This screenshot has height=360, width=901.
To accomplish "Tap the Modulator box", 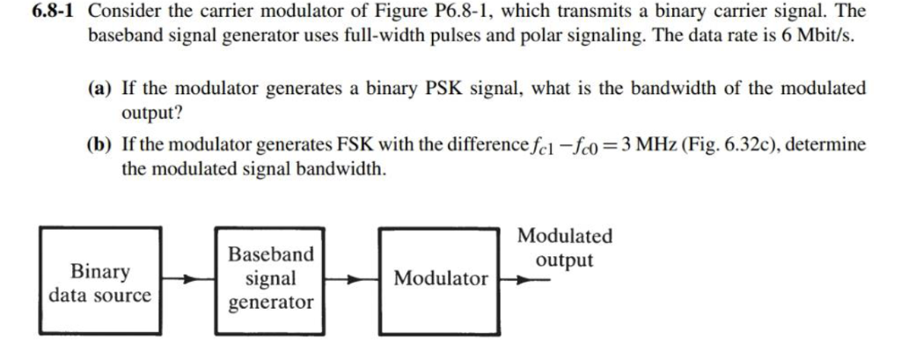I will point(440,279).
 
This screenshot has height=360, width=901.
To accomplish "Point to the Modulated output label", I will point(565,248).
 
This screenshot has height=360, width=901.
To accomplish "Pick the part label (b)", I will point(103,143).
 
